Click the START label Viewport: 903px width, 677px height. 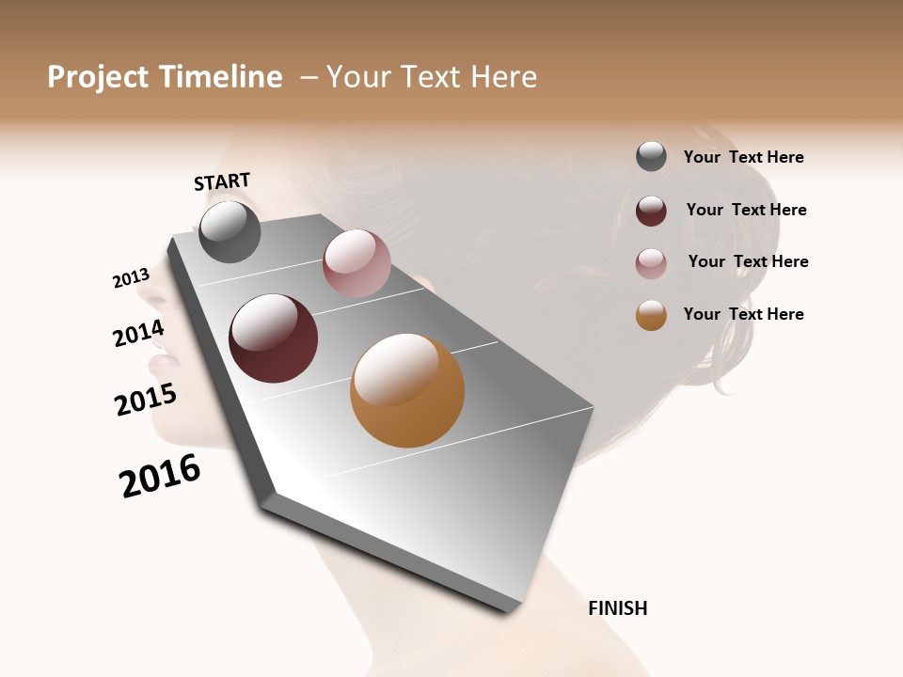pyautogui.click(x=222, y=181)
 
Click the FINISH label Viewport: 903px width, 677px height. pyautogui.click(x=617, y=608)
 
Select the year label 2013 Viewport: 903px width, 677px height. pyautogui.click(x=131, y=278)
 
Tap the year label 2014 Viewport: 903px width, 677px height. pyautogui.click(x=138, y=333)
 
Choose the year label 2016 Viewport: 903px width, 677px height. pyautogui.click(x=160, y=476)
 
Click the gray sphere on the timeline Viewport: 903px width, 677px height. pyautogui.click(x=230, y=231)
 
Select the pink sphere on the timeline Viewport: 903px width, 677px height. pyautogui.click(x=356, y=263)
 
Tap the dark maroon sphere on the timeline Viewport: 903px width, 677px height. pyautogui.click(x=274, y=338)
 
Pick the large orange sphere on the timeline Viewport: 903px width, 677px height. pyautogui.click(x=407, y=390)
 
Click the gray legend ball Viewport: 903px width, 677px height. pyautogui.click(x=651, y=156)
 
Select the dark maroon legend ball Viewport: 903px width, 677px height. pyautogui.click(x=651, y=211)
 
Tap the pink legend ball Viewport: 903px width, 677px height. pyautogui.click(x=651, y=263)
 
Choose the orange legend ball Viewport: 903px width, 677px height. pyautogui.click(x=651, y=315)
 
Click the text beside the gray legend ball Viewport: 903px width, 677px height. pyautogui.click(x=743, y=157)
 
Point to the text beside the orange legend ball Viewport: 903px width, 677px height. pyautogui.click(x=743, y=314)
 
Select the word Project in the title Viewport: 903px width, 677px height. pyautogui.click(x=98, y=77)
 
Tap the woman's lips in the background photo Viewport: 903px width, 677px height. pyautogui.click(x=160, y=355)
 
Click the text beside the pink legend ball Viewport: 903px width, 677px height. pyautogui.click(x=748, y=261)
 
